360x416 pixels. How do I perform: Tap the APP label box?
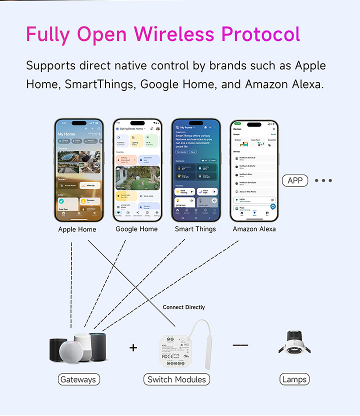[x=295, y=180]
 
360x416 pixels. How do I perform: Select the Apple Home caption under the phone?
[x=77, y=229]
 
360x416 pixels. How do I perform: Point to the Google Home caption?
[x=136, y=229]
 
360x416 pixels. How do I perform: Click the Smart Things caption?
[x=195, y=229]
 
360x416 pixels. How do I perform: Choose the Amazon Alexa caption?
[x=254, y=229]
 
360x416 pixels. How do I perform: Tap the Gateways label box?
[x=77, y=379]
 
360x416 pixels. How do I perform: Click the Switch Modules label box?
[x=176, y=379]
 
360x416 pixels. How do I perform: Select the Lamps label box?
[x=294, y=379]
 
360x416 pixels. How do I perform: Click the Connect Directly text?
[x=183, y=307]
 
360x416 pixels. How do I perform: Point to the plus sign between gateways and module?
[x=133, y=347]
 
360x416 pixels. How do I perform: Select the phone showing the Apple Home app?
[x=78, y=170]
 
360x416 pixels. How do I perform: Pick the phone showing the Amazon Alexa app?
[x=254, y=170]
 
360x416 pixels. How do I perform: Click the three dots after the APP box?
[x=323, y=180]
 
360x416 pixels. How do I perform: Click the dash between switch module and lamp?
[x=240, y=345]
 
